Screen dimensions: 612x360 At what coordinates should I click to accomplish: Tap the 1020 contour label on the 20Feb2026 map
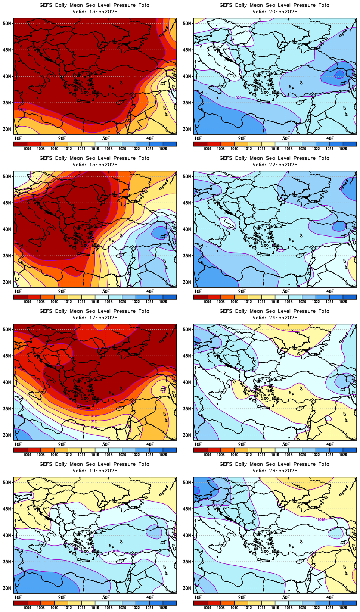(x=238, y=98)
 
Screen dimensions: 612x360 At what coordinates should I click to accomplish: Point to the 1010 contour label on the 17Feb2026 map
(x=93, y=416)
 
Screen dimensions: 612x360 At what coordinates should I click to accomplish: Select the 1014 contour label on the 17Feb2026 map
(x=93, y=427)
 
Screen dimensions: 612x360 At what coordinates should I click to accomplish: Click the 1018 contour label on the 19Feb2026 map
(x=115, y=551)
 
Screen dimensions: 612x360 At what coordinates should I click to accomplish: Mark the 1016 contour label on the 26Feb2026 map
(x=321, y=519)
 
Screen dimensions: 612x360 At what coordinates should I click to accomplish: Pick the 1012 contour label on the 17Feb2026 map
(x=93, y=421)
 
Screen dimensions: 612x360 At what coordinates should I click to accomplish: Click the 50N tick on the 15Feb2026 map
(x=7, y=177)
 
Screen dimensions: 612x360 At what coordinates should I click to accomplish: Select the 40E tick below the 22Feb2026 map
(x=330, y=291)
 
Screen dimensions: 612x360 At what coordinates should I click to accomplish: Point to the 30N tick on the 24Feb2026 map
(x=187, y=435)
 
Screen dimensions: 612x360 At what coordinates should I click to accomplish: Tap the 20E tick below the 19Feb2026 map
(x=62, y=597)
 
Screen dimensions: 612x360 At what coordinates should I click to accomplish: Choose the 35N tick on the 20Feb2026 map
(x=187, y=103)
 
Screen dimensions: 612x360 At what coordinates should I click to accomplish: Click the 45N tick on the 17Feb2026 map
(x=7, y=356)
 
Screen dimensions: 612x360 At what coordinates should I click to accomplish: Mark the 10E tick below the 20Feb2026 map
(x=198, y=138)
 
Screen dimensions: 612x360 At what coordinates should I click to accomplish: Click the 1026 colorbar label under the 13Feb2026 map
(x=163, y=149)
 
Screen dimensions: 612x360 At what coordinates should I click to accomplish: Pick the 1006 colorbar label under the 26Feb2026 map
(x=207, y=608)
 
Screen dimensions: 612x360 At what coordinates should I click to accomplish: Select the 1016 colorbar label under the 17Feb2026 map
(x=95, y=455)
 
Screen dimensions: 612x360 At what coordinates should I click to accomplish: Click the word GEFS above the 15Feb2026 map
(x=46, y=158)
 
